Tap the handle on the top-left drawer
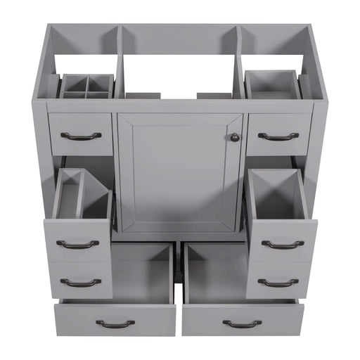[x=81, y=136]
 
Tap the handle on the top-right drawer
[x=278, y=136]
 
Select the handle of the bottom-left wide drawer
[x=115, y=323]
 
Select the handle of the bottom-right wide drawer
[x=242, y=323]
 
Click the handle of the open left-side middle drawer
[x=77, y=245]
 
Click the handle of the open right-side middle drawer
[x=283, y=245]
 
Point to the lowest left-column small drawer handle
[x=80, y=283]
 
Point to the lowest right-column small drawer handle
[x=278, y=283]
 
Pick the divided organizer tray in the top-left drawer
[x=86, y=86]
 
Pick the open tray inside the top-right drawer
[x=272, y=84]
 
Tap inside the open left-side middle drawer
[x=83, y=197]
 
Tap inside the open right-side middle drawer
[x=277, y=197]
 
